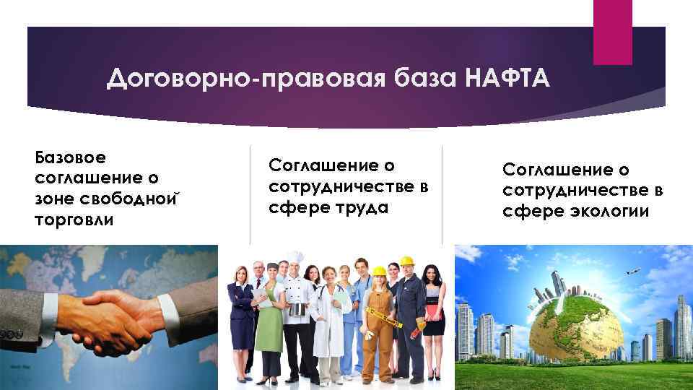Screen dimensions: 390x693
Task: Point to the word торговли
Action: [x=74, y=220]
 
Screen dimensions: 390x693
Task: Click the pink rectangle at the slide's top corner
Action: [x=612, y=31]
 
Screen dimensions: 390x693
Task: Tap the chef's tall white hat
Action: [x=296, y=258]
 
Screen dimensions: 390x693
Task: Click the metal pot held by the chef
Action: [x=297, y=309]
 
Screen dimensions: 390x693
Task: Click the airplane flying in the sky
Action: [x=633, y=273]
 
